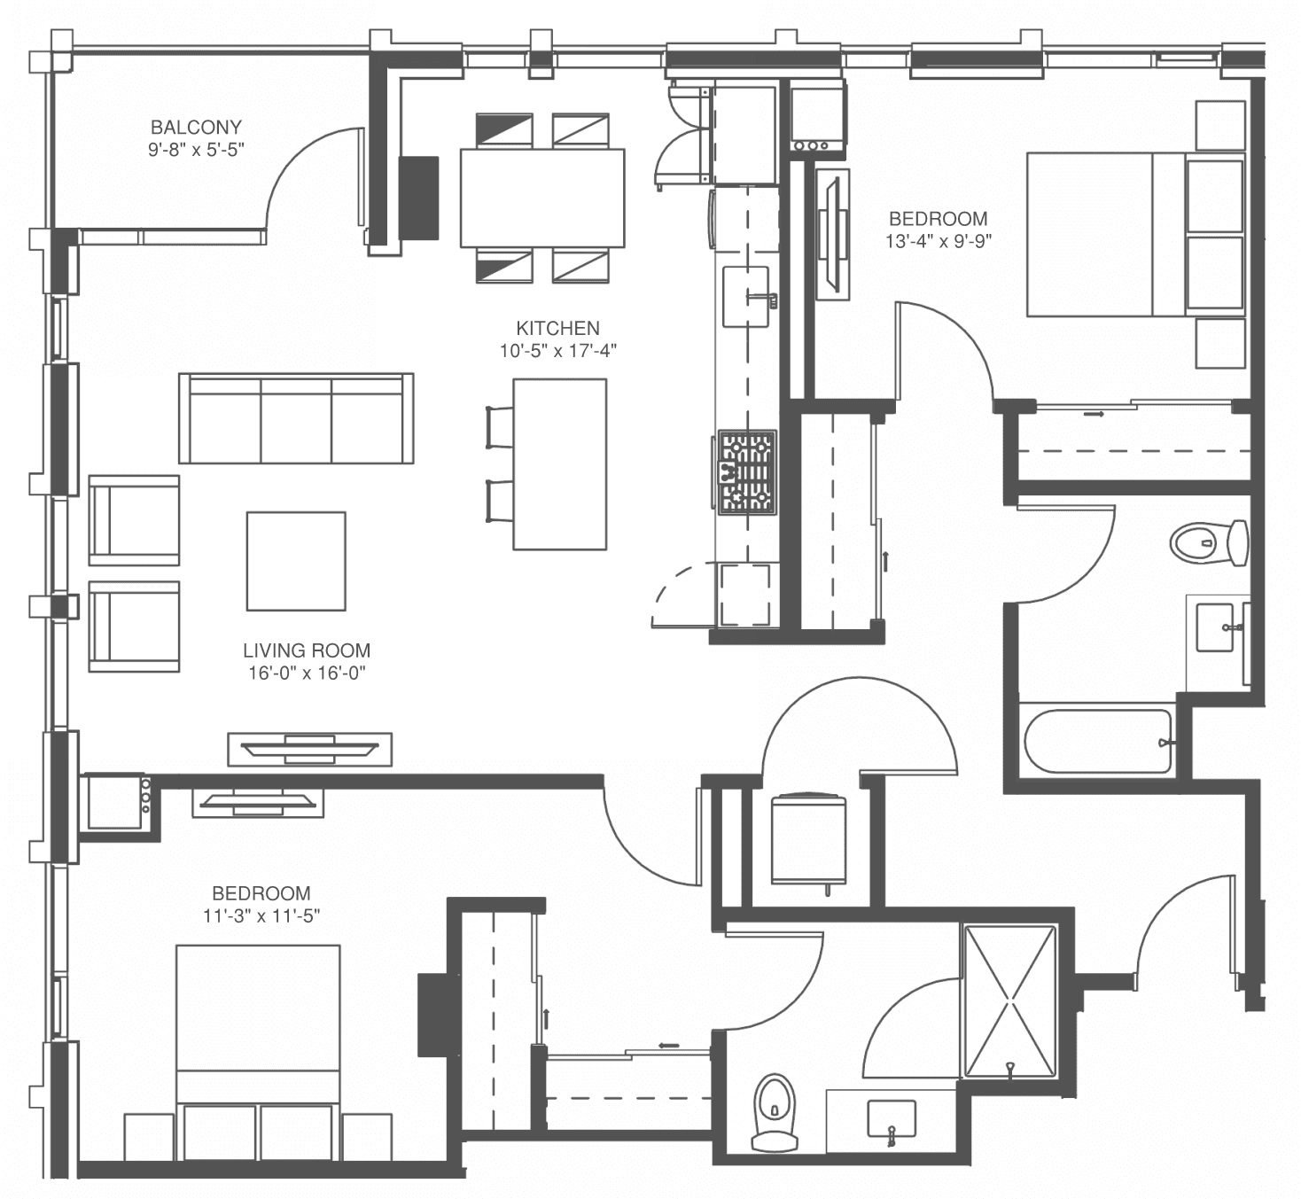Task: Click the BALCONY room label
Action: coord(196,127)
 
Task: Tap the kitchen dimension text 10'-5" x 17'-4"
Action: coord(557,351)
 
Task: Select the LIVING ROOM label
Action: coord(307,650)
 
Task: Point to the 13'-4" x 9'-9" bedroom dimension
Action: coord(939,241)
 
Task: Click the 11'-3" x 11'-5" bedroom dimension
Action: coord(261,916)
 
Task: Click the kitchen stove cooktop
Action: coord(746,471)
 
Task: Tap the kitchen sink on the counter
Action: coord(746,297)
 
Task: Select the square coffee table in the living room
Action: coord(296,561)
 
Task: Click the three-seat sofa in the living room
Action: coord(296,418)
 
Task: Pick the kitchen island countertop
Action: coord(560,464)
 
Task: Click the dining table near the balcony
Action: coord(542,198)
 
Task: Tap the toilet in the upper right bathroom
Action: coord(1210,542)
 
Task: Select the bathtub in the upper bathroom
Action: coord(1098,741)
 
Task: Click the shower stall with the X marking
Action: coord(1010,1002)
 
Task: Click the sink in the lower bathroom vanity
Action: coord(891,1118)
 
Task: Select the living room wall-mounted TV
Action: coord(310,750)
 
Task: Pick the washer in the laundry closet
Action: coord(809,839)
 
